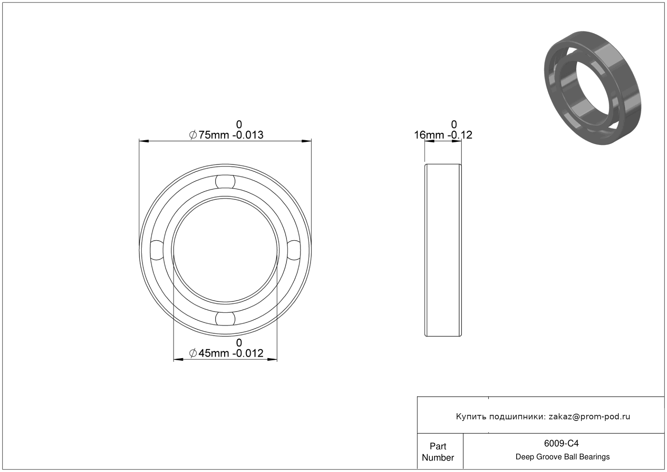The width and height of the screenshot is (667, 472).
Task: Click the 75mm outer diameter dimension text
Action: [x=226, y=135]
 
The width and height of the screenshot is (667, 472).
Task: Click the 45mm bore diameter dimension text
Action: [x=226, y=353]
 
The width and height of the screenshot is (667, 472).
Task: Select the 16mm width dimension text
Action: [x=443, y=135]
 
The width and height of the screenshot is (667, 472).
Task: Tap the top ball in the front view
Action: [x=225, y=182]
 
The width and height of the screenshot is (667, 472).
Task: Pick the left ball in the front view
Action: [x=157, y=250]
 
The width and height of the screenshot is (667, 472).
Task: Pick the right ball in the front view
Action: [x=294, y=250]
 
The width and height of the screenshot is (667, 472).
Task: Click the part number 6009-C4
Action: [x=561, y=443]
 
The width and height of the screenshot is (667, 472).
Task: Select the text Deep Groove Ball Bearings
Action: [x=562, y=457]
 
